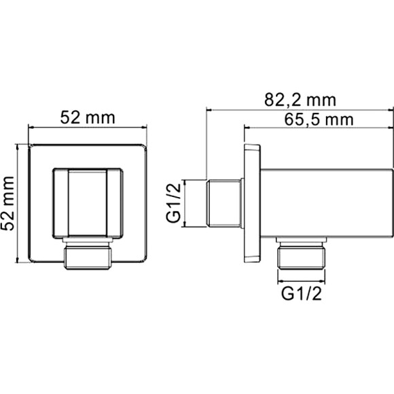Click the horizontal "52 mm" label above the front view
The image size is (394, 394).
88,116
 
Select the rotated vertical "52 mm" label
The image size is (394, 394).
9,204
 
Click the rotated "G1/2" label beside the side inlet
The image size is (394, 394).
175,204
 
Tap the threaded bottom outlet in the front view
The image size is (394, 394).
87,256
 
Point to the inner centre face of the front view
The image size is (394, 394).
87,203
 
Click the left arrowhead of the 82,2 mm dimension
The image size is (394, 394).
209,109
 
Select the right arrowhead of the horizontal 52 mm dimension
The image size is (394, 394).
144,126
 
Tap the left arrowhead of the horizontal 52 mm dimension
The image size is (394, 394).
31,126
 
